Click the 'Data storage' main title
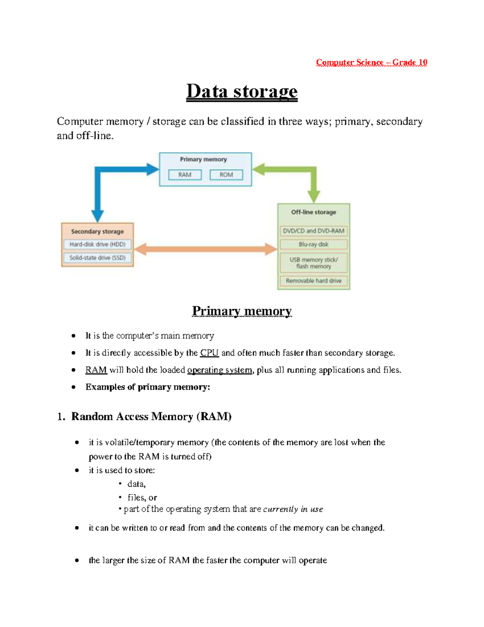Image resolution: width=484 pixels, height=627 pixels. click(x=242, y=91)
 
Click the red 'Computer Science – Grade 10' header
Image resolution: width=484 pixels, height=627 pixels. click(x=371, y=62)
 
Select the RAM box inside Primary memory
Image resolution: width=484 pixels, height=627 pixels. click(x=185, y=175)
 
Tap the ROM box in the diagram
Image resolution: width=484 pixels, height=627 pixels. click(x=226, y=175)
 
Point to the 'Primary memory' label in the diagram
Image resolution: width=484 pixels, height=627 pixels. click(x=203, y=159)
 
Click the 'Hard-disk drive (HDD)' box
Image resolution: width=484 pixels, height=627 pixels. click(x=97, y=244)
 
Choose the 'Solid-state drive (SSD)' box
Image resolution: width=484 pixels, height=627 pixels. click(x=97, y=258)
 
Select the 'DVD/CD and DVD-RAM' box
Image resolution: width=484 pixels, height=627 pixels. click(x=313, y=231)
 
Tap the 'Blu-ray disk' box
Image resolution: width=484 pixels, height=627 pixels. click(x=313, y=244)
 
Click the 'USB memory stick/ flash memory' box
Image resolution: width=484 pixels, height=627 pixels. click(x=313, y=263)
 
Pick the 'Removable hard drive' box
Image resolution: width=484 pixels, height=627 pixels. click(x=313, y=281)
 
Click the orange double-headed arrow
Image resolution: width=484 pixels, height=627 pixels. click(x=205, y=249)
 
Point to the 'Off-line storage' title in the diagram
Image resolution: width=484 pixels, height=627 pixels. click(x=313, y=212)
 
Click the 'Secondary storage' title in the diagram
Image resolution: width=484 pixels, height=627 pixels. click(x=97, y=231)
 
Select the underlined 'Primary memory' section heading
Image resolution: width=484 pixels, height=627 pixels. click(x=242, y=311)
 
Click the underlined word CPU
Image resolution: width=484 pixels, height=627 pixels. click(x=209, y=353)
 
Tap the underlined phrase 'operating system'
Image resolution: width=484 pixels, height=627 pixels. click(x=219, y=370)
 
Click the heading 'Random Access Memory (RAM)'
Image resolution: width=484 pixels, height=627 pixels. click(x=151, y=417)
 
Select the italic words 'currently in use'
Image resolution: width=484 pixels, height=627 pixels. click(x=293, y=509)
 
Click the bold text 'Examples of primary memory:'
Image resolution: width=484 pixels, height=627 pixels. click(x=148, y=387)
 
